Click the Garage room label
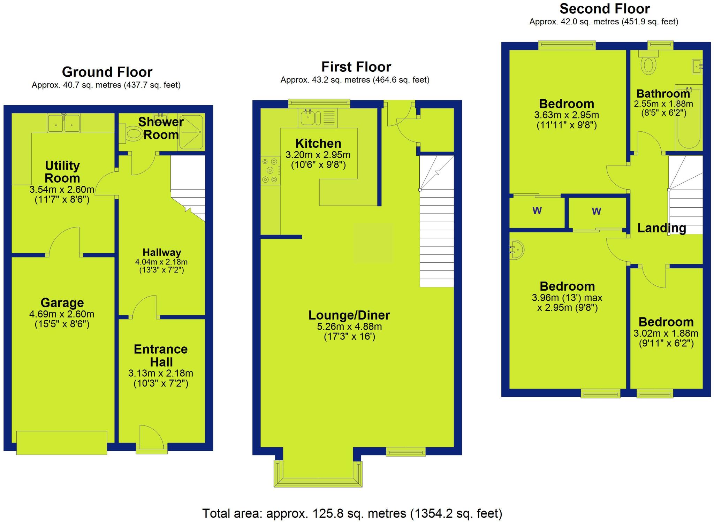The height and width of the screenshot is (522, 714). click(62, 302)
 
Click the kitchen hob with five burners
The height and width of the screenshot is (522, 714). click(271, 170)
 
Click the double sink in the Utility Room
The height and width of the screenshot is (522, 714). click(64, 123)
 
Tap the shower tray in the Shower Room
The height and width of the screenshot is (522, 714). click(191, 132)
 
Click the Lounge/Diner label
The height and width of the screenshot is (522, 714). click(349, 315)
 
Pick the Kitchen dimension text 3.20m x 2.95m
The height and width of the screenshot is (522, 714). click(318, 155)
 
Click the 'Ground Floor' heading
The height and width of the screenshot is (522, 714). click(107, 72)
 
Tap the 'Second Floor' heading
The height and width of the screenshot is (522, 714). click(605, 9)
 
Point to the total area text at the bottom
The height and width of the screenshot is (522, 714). click(352, 513)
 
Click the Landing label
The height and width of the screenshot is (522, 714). click(662, 228)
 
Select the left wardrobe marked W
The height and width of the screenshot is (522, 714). click(537, 211)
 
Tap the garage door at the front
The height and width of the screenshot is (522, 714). click(62, 443)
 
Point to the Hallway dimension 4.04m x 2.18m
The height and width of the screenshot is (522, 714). click(161, 262)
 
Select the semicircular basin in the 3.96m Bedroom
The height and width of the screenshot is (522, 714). click(516, 250)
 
